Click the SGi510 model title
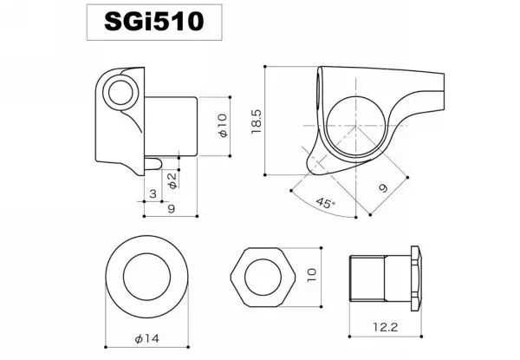[154, 22]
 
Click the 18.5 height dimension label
[257, 121]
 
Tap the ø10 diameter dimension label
[223, 125]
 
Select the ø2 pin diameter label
[172, 180]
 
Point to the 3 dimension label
[153, 193]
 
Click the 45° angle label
[325, 203]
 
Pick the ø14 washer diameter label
[147, 338]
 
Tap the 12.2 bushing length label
[385, 327]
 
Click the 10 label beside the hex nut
[312, 275]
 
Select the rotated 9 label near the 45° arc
[383, 188]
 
